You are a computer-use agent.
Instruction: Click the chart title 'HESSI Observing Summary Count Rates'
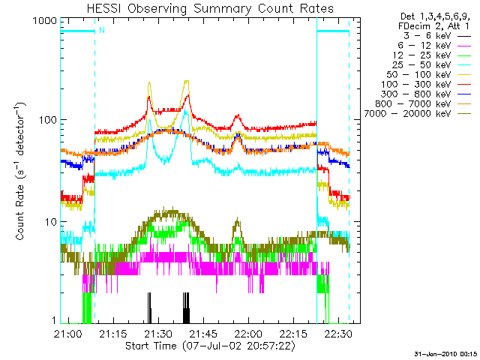[x=210, y=8]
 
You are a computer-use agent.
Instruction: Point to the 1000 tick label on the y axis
[x=45, y=21]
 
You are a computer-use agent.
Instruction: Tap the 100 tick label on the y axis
[x=48, y=120]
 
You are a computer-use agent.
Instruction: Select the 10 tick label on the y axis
[x=51, y=222]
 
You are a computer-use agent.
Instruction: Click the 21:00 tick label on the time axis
[x=68, y=334]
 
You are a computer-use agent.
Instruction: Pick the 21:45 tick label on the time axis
[x=203, y=334]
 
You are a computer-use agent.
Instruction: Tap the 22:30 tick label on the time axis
[x=338, y=334]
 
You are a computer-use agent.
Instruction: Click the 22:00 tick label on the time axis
[x=248, y=334]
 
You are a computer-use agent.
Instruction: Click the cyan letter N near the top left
[x=102, y=30]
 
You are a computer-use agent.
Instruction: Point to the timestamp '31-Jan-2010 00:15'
[x=445, y=354]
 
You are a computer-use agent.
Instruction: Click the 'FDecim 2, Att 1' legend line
[x=433, y=26]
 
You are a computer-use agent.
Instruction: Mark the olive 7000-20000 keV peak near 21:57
[x=237, y=219]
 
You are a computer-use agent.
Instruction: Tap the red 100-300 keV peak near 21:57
[x=237, y=116]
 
